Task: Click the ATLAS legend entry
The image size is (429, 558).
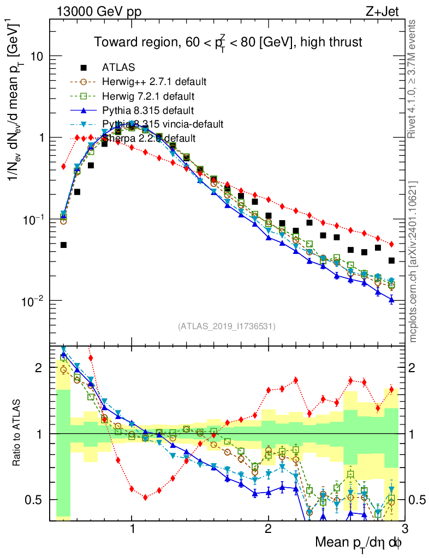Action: pyautogui.click(x=116, y=68)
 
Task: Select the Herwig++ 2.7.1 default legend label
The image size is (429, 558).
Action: pyautogui.click(x=154, y=82)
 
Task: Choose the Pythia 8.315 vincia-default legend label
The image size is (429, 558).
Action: pyautogui.click(x=163, y=124)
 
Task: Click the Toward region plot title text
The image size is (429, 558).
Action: pyautogui.click(x=228, y=42)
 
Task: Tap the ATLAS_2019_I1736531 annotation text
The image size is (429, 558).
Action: pyautogui.click(x=227, y=326)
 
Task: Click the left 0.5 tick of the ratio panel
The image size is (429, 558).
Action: pyautogui.click(x=38, y=499)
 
